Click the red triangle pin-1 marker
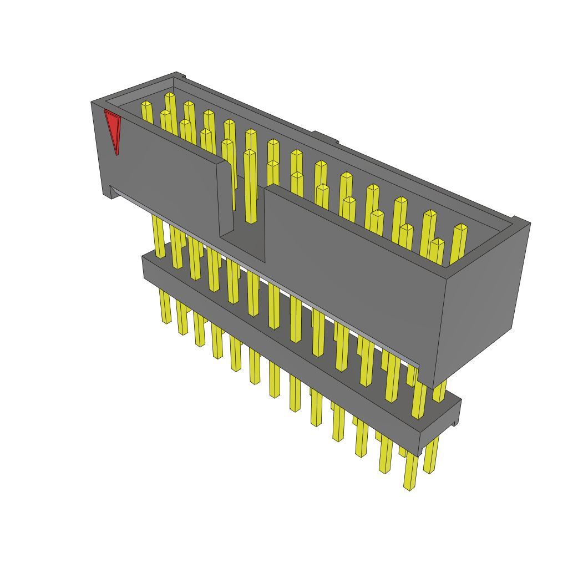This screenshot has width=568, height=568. point(113,129)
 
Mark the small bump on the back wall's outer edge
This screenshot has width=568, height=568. point(325,137)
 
